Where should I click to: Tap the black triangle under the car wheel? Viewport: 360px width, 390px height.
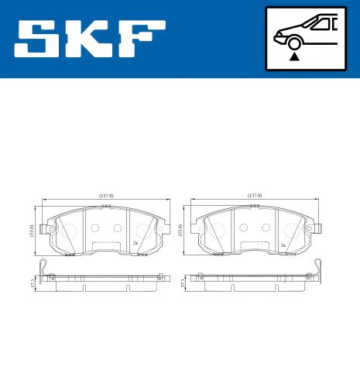[x=294, y=56]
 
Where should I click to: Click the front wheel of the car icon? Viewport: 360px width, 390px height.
[x=294, y=43]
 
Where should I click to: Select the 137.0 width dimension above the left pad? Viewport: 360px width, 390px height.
[x=106, y=196]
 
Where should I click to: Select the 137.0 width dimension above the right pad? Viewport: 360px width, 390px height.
[x=254, y=196]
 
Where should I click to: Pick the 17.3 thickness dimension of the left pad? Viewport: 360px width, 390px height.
[x=30, y=283]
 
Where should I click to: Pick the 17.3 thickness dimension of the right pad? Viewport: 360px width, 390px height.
[x=182, y=283]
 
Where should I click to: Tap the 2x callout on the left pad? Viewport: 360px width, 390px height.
[x=135, y=244]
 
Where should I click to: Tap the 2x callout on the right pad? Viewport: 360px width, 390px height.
[x=283, y=245]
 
